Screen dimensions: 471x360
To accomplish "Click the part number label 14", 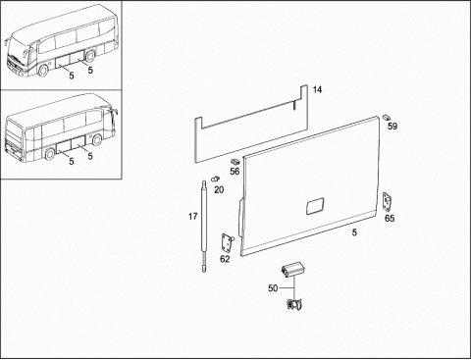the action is point(317,89).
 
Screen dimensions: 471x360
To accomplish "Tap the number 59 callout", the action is point(392,126).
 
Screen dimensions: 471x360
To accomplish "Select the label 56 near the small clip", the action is point(235,171).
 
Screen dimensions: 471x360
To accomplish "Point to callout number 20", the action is point(219,189).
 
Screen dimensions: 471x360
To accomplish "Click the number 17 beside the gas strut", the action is point(193,216).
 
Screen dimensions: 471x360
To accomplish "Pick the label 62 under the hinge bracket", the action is point(225,259).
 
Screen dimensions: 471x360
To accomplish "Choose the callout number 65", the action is point(390,218).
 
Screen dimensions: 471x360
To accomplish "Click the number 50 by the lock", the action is point(273,288).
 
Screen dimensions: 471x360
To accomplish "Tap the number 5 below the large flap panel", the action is point(354,232).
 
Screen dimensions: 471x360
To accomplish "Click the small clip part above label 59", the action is point(387,117).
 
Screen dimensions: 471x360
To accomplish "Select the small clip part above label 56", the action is point(235,161).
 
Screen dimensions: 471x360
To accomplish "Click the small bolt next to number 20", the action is point(216,179).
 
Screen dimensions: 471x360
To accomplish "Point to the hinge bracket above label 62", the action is point(226,242).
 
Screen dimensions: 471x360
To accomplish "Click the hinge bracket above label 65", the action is point(388,201).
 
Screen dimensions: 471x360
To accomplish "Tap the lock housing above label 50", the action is point(292,270).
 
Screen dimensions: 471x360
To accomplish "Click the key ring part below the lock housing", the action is point(294,305).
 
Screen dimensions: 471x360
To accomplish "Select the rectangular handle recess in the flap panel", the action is point(315,207).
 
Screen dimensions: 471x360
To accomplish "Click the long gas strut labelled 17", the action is point(204,227).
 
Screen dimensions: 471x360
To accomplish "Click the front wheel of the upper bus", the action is point(42,71).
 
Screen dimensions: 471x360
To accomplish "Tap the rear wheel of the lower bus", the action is point(50,154).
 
